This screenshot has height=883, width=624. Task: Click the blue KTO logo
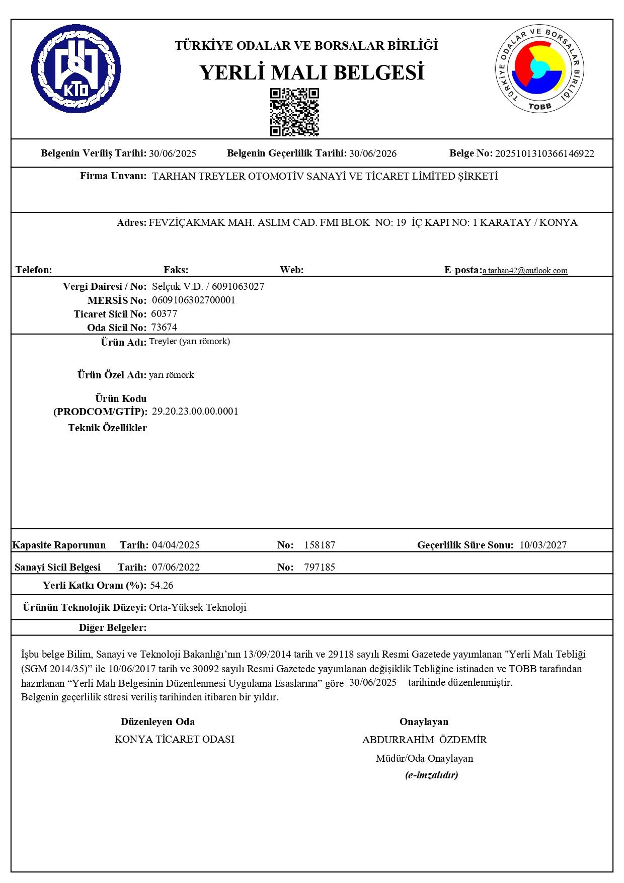coord(76,69)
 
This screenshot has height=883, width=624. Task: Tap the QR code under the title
coord(294,112)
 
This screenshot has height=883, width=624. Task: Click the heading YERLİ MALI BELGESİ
coord(311,73)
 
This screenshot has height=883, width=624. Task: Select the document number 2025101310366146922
coord(544,154)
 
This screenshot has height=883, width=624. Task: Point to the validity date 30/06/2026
coord(373,154)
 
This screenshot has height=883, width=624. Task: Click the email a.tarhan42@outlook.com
coord(525,271)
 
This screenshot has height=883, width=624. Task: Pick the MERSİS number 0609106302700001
coord(194,300)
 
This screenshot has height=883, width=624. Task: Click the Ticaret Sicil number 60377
coord(164,314)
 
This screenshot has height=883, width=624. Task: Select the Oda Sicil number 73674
coord(164,328)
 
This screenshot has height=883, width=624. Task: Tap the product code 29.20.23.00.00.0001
coord(195,412)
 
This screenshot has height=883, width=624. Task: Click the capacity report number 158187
coord(320,545)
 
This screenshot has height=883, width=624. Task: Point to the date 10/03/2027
coord(543,545)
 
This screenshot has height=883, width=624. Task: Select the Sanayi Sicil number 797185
coord(320,567)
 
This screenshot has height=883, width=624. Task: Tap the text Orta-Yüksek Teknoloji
coord(198,607)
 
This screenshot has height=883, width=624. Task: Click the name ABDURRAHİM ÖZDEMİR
coord(424,740)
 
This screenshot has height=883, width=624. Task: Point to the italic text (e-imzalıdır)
coord(431,775)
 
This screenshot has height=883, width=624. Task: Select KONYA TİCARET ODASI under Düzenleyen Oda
coord(175,739)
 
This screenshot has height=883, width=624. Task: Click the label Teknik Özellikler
coord(108,428)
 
